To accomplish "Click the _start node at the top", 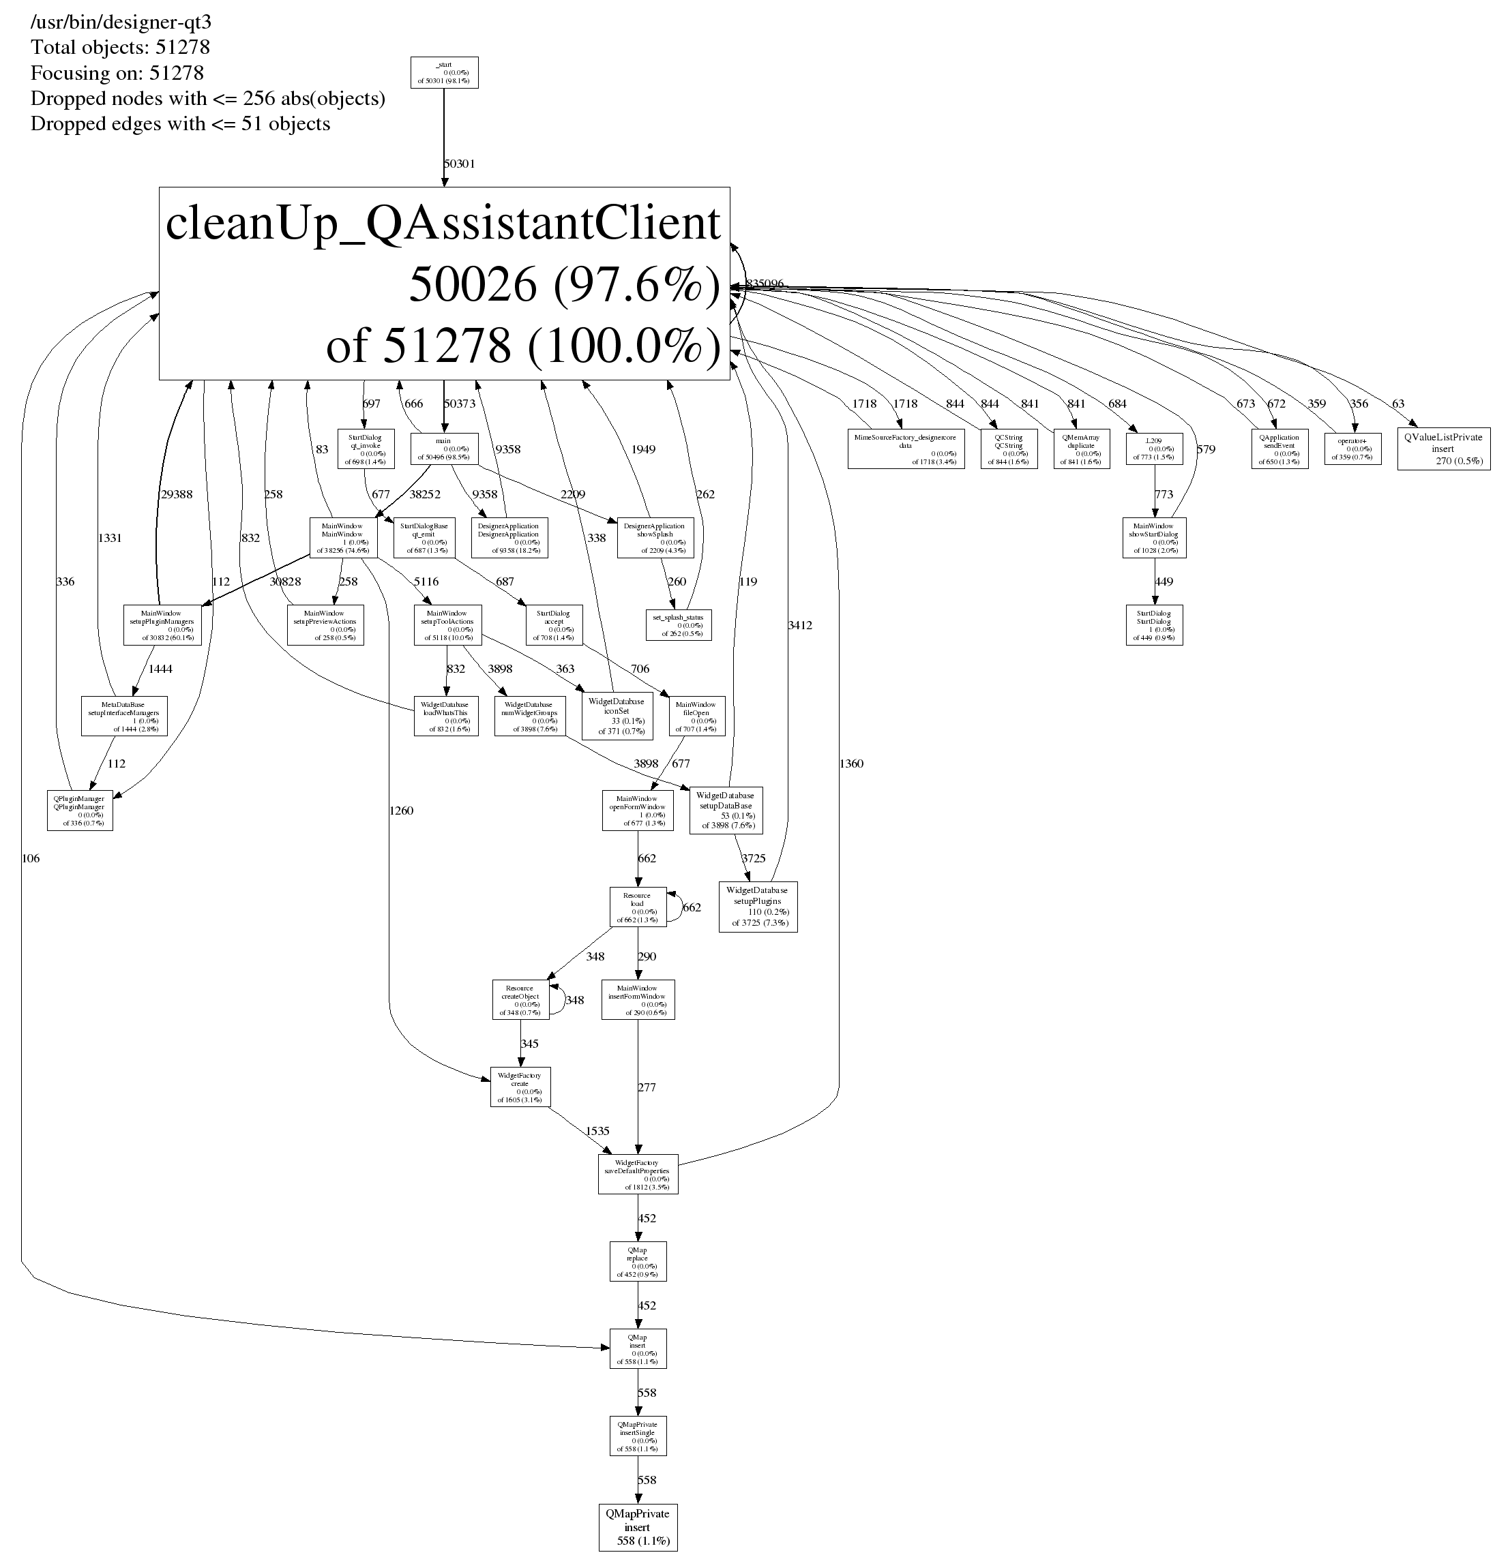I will (443, 72).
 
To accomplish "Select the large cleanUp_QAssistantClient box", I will (443, 283).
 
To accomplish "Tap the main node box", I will (443, 449).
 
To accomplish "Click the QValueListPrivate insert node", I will (1442, 449).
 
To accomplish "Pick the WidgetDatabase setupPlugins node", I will (758, 907).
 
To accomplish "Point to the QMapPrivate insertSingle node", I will (638, 1436).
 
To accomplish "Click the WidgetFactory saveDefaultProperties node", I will (638, 1173).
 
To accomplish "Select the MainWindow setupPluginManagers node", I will (162, 625).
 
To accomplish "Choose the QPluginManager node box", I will (80, 811).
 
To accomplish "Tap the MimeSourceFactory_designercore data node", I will (905, 449).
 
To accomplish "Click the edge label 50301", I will (458, 164).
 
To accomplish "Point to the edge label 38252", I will (424, 494).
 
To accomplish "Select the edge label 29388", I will (177, 494).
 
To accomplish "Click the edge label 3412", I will (799, 625).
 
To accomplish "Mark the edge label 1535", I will (597, 1130).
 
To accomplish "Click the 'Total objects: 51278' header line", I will (120, 48).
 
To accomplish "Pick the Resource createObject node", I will (520, 999).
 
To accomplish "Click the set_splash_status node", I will (678, 624).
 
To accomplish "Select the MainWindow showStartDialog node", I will (1154, 538).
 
